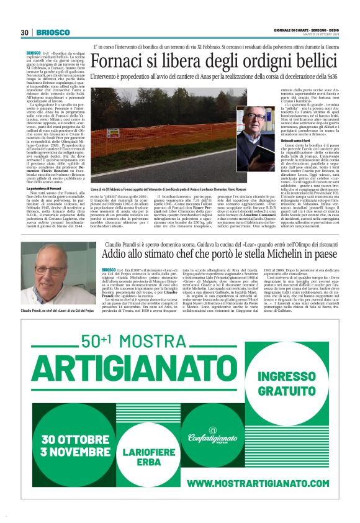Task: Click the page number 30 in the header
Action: [x=24, y=32]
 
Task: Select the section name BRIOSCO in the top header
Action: [x=48, y=32]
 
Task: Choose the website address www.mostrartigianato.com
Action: [x=248, y=483]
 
